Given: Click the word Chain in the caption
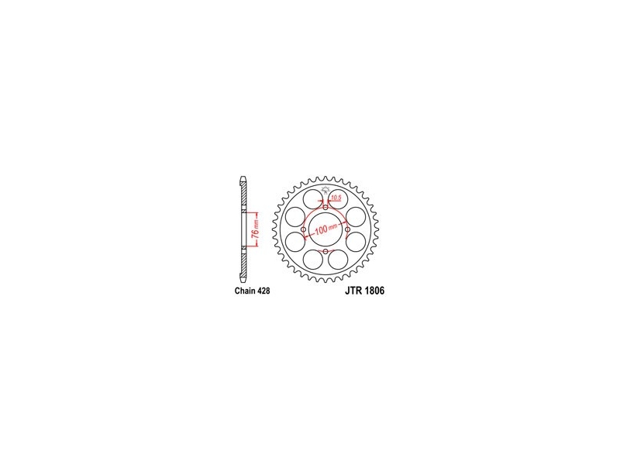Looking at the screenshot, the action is [x=245, y=291].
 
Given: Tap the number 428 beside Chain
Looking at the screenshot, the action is [x=263, y=291].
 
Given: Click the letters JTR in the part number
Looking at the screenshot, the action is [x=353, y=291].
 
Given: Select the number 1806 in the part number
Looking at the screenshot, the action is [x=374, y=291].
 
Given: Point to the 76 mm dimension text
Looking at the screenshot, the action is [x=257, y=229].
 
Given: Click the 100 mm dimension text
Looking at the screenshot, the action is [x=326, y=229].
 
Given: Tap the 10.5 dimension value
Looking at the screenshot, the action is [x=336, y=198].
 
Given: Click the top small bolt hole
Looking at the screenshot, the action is [x=325, y=208].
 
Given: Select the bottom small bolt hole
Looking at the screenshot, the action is [x=325, y=251].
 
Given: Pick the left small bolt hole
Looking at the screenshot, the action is [x=303, y=229].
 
